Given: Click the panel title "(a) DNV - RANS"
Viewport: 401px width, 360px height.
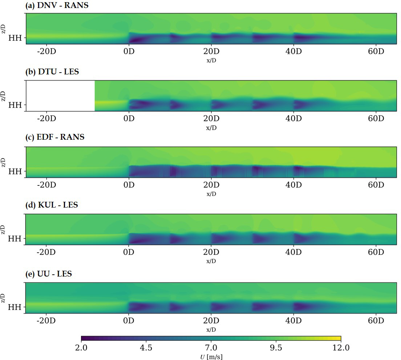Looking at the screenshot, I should [x=56, y=5].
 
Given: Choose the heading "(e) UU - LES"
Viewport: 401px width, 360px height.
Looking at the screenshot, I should [x=48, y=274].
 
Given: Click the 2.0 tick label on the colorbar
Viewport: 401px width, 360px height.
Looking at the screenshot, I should [x=81, y=348].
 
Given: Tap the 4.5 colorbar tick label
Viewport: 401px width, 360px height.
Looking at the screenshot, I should [x=146, y=348].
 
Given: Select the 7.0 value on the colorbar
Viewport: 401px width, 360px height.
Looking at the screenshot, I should [x=211, y=348].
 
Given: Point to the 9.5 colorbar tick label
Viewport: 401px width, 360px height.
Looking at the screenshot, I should [x=276, y=348].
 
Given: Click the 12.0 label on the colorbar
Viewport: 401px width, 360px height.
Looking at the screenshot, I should [x=341, y=348].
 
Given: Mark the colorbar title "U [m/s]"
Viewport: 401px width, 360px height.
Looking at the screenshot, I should [x=211, y=357].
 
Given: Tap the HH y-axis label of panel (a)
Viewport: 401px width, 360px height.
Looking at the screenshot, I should [x=15, y=37].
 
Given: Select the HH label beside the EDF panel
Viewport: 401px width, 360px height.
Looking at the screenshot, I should [x=15, y=171].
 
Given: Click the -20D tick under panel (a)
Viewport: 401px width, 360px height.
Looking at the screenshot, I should [x=46, y=51].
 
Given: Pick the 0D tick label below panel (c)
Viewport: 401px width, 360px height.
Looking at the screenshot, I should [x=129, y=185].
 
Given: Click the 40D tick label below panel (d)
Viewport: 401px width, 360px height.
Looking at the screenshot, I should [x=293, y=252].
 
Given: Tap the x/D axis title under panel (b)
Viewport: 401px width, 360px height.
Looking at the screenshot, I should [x=211, y=127].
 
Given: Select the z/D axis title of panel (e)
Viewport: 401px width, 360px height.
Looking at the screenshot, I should [x=3, y=296].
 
